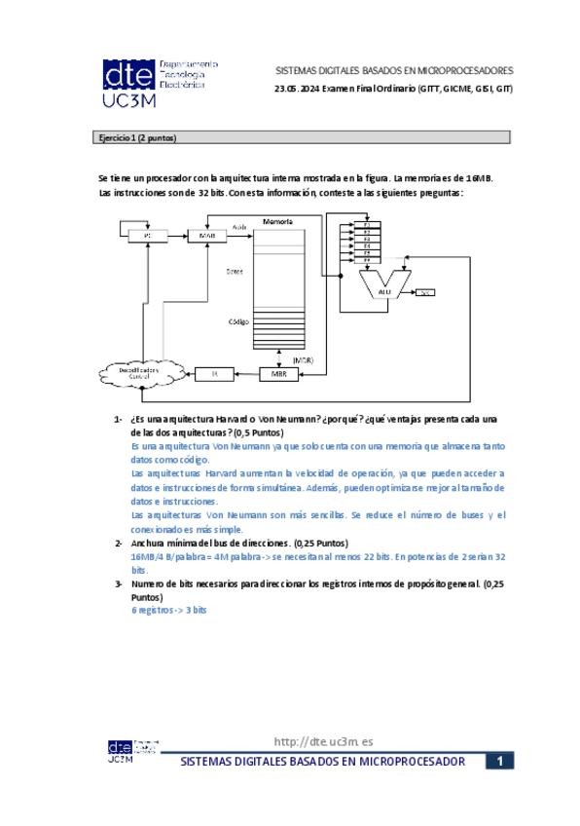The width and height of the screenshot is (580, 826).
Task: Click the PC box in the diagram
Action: tap(148, 236)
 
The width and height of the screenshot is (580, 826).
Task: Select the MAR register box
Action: tap(206, 236)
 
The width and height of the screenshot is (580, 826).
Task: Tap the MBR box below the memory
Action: tap(278, 373)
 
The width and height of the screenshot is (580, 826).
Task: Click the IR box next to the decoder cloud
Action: tap(215, 373)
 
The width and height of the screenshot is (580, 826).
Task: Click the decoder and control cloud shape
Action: tap(140, 372)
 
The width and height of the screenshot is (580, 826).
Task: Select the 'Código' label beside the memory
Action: tap(238, 321)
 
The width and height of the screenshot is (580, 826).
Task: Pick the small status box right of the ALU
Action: tap(426, 291)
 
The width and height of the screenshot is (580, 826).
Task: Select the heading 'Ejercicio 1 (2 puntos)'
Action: tap(132, 138)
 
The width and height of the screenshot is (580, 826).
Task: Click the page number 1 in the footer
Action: tap(498, 762)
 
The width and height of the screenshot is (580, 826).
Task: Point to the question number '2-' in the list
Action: tap(119, 543)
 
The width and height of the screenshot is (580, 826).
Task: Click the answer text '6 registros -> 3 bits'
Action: tap(169, 610)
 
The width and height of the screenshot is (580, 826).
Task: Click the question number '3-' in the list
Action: tap(119, 583)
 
